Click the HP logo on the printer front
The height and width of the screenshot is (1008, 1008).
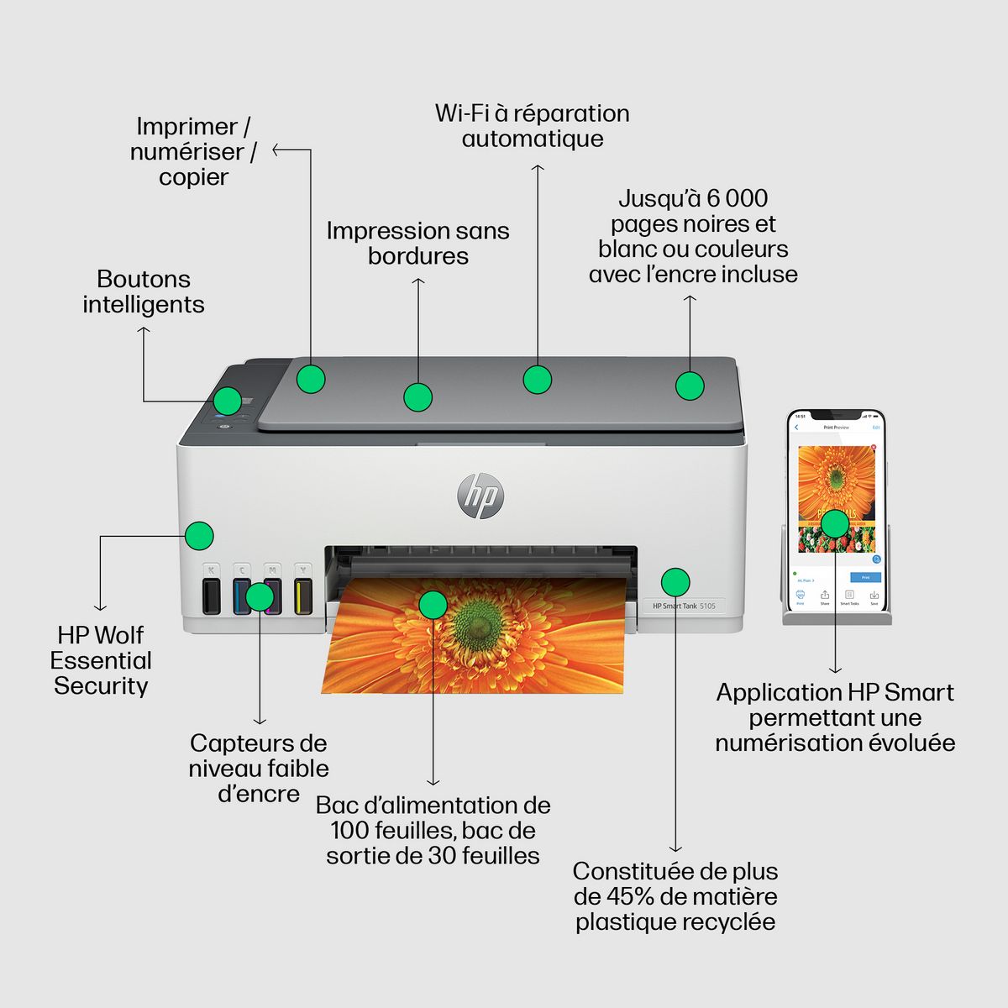click(480, 496)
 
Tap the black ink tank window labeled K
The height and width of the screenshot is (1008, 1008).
click(212, 596)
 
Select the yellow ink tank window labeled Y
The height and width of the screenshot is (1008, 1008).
click(303, 596)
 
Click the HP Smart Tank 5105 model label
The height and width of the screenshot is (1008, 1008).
click(684, 606)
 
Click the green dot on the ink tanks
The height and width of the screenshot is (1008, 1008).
click(260, 596)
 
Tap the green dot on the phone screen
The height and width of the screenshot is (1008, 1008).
click(835, 523)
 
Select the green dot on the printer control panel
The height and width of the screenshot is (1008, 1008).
click(227, 401)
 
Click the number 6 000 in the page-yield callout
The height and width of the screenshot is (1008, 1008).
click(737, 198)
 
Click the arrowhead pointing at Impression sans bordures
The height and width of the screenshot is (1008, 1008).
click(418, 281)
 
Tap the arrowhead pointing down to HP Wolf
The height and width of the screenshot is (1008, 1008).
click(101, 606)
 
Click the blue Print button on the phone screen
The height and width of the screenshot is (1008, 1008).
click(865, 577)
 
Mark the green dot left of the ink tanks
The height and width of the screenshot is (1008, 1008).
click(199, 535)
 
